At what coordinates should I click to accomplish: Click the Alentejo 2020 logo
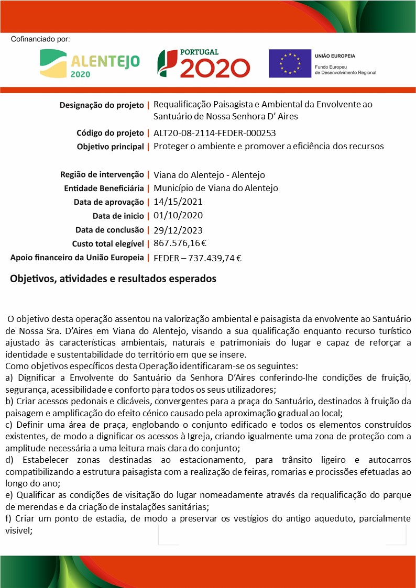(x=90, y=63)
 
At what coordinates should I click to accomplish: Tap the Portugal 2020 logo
(x=204, y=63)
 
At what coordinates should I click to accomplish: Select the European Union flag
(x=289, y=63)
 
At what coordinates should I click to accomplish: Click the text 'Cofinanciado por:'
(x=40, y=39)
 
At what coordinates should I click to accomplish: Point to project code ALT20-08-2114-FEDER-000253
(x=215, y=133)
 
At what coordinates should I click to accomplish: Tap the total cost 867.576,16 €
(x=180, y=243)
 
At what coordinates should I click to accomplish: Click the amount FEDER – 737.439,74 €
(x=198, y=257)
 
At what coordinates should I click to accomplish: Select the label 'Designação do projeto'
(x=102, y=105)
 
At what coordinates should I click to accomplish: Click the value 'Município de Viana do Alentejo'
(x=216, y=188)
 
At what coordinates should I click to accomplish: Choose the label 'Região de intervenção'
(x=102, y=174)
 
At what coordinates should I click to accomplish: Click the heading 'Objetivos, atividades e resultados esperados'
(x=113, y=279)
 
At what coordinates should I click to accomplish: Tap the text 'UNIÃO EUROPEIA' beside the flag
(x=335, y=56)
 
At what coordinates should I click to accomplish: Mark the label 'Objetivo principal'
(x=110, y=147)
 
